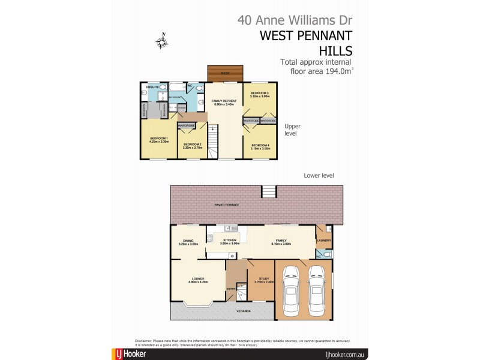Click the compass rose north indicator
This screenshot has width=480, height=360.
click(x=161, y=41)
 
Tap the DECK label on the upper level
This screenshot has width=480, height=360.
click(x=225, y=73)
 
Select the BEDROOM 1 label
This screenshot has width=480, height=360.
click(x=158, y=139)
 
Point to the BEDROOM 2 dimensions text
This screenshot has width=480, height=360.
click(x=191, y=146)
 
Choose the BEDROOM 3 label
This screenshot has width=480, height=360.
click(x=260, y=93)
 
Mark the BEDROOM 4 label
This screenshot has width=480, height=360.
click(x=260, y=145)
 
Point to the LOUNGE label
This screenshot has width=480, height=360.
click(x=199, y=278)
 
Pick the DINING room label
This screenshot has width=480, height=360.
click(x=188, y=241)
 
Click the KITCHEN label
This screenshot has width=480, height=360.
click(x=230, y=240)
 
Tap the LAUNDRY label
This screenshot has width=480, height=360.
click(x=324, y=241)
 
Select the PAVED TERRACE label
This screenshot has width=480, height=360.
click(x=227, y=205)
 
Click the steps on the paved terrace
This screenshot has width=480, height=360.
click(x=269, y=191)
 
